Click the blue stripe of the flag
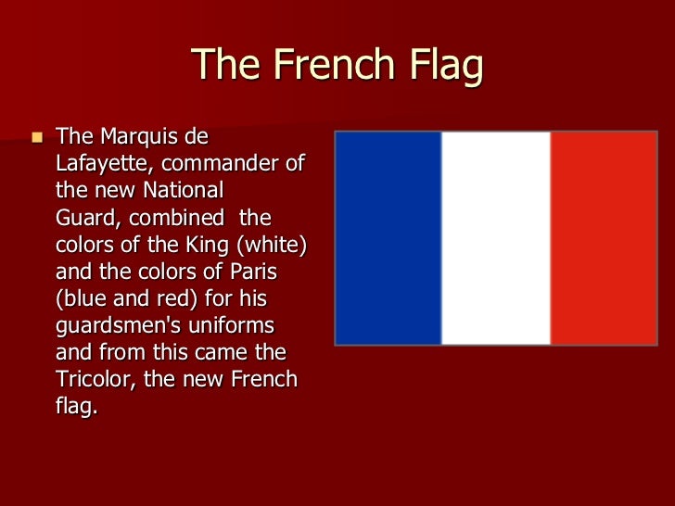[388, 238]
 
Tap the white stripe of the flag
[496, 238]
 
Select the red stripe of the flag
[605, 238]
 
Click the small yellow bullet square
[37, 138]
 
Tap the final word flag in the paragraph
[77, 407]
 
